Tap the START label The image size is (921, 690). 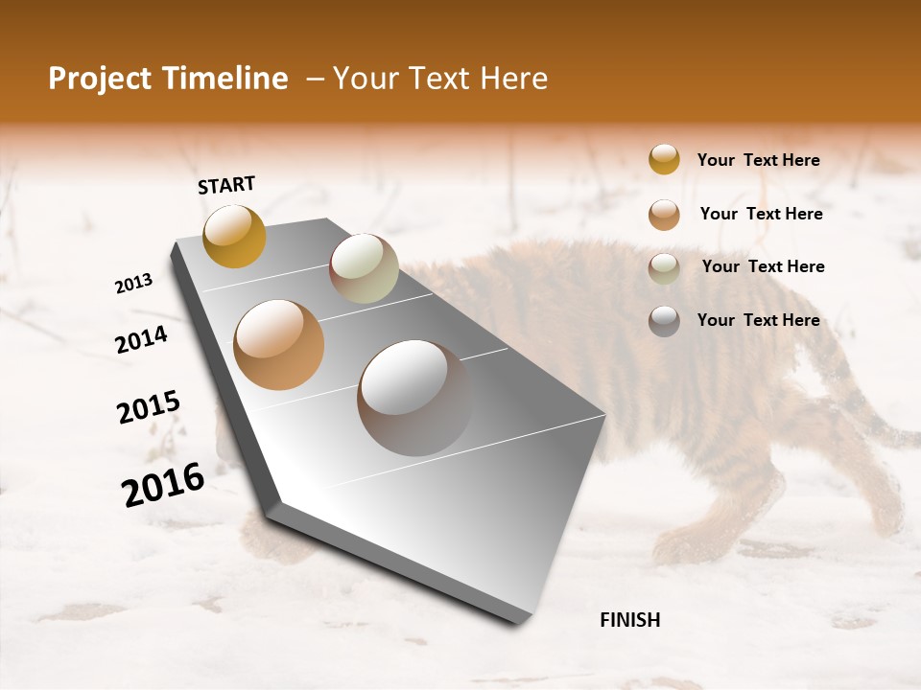tap(226, 185)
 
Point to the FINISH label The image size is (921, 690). tap(630, 620)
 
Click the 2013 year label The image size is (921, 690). tap(133, 284)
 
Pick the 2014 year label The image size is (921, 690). tap(142, 340)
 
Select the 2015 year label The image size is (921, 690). tap(149, 406)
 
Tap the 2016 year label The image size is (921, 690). tap(163, 485)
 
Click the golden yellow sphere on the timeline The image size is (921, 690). tap(234, 236)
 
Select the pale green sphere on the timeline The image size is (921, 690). tap(364, 268)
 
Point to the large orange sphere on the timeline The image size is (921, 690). tap(279, 345)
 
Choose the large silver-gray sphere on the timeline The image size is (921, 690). tap(414, 398)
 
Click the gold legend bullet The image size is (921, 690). tap(664, 159)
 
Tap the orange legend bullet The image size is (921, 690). tap(664, 215)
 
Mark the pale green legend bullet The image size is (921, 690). tap(664, 268)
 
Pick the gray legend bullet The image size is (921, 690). tap(664, 321)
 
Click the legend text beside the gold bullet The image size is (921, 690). tap(759, 160)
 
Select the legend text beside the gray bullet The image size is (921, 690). tap(759, 320)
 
